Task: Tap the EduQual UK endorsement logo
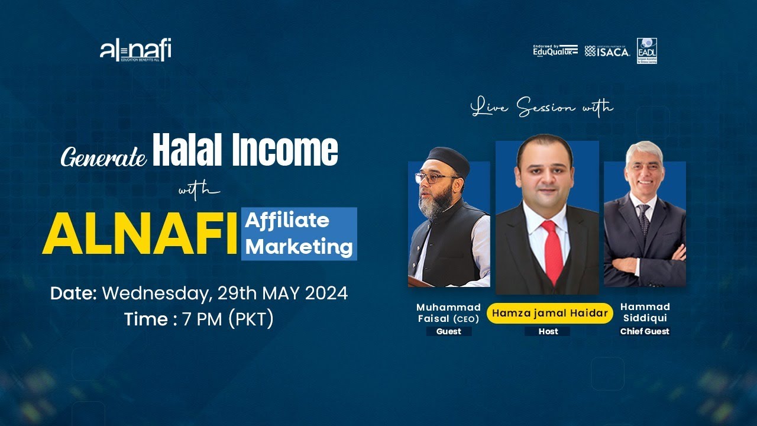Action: pos(555,51)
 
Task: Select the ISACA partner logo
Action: pos(607,51)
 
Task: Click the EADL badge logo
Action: pos(646,51)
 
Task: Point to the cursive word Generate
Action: pos(103,157)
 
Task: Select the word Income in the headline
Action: pos(285,151)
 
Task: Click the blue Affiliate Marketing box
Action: pos(299,234)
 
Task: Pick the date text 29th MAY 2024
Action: pos(283,293)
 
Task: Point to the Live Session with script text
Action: pos(542,108)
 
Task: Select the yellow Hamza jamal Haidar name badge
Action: pos(548,314)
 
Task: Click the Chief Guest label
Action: pos(645,331)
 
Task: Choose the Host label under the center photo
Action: pos(548,331)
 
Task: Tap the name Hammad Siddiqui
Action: pos(645,312)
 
